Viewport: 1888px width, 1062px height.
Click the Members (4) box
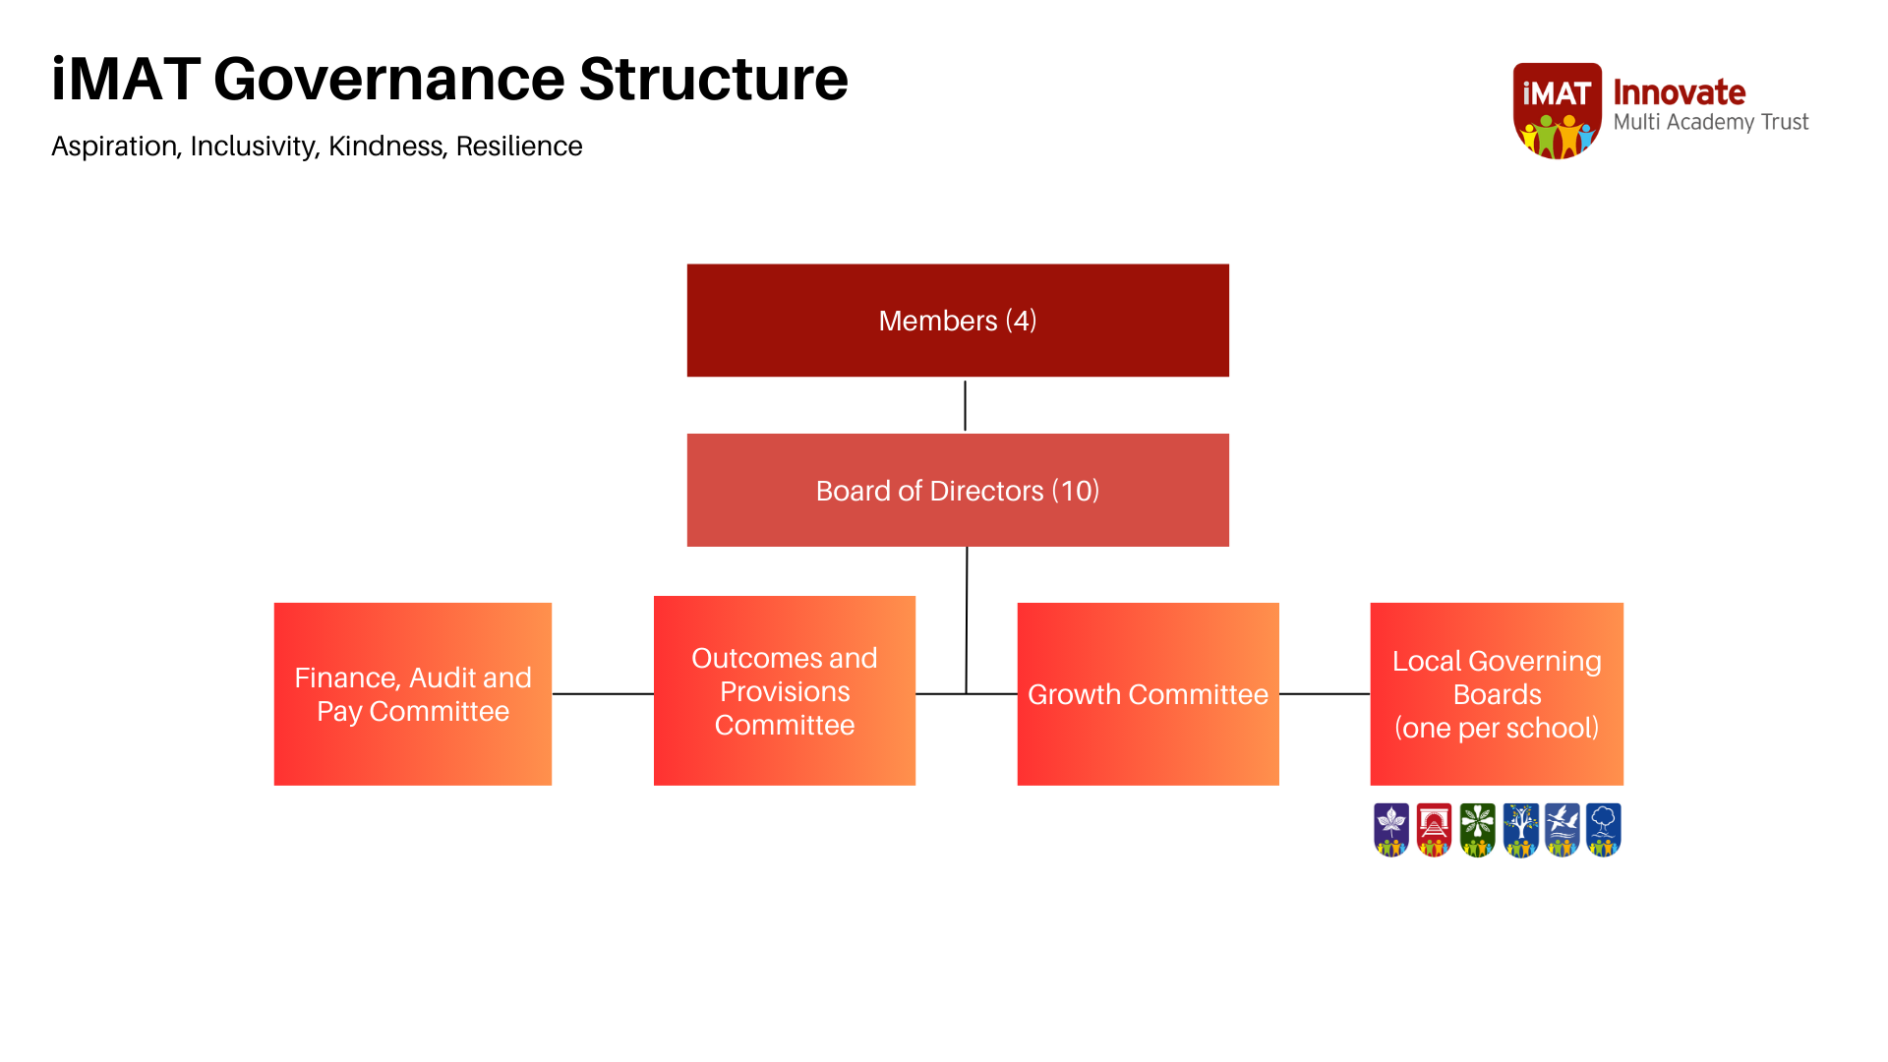tap(958, 321)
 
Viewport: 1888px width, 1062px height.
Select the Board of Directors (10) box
tap(958, 490)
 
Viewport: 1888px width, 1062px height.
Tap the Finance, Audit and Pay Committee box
tap(413, 694)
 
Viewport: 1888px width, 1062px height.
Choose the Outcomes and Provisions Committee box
tap(785, 690)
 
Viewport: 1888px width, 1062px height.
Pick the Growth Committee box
tap(1149, 694)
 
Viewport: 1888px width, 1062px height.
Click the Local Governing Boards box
tap(1497, 694)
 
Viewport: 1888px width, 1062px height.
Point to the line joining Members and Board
tap(965, 405)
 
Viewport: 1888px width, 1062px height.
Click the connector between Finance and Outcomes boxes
tap(603, 693)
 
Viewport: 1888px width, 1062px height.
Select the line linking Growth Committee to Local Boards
tap(1325, 693)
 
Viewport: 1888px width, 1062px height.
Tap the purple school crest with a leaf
tap(1391, 830)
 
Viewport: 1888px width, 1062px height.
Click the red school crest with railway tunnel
tap(1434, 830)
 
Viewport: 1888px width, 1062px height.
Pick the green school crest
tap(1477, 830)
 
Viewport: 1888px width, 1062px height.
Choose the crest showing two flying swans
tap(1562, 830)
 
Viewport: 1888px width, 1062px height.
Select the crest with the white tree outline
tap(1604, 830)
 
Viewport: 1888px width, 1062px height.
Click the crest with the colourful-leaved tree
tap(1520, 830)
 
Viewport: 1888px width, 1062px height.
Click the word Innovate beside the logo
tap(1680, 92)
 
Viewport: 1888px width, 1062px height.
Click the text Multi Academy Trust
tap(1711, 123)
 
